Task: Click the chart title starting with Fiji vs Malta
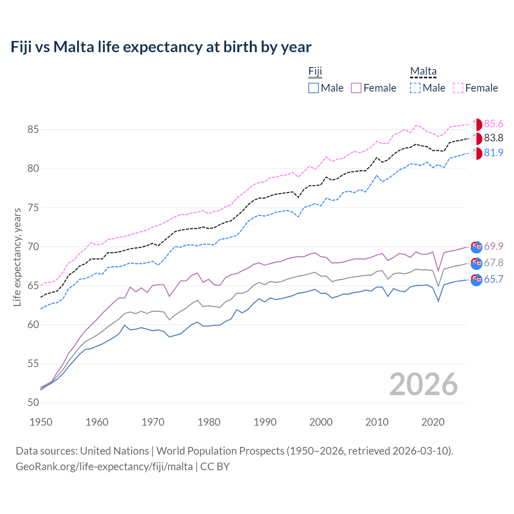[x=161, y=47]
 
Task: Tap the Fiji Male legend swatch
[x=314, y=88]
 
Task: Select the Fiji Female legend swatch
[x=356, y=88]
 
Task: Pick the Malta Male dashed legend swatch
[x=415, y=88]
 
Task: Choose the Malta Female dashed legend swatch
[x=458, y=88]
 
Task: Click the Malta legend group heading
[x=423, y=71]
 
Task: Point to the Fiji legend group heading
[x=315, y=71]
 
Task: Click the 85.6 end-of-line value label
[x=494, y=124]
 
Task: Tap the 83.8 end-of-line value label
[x=494, y=138]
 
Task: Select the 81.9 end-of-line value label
[x=494, y=153]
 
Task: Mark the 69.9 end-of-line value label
[x=494, y=246]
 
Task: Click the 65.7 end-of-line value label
[x=494, y=279]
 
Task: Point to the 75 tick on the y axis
[x=33, y=208]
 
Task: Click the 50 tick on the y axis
[x=33, y=402]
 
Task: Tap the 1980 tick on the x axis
[x=209, y=422]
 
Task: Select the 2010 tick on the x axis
[x=377, y=422]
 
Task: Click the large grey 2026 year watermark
[x=424, y=384]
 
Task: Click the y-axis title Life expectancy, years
[x=17, y=257]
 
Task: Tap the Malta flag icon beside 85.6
[x=476, y=124]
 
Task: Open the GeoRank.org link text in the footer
[x=104, y=467]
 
